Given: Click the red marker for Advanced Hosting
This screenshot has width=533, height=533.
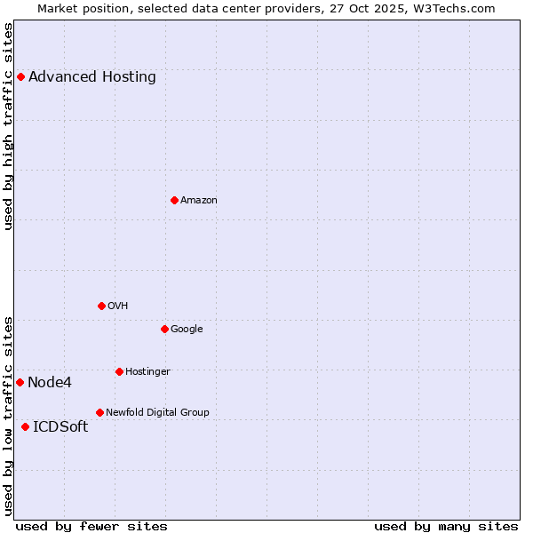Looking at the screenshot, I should (x=20, y=76).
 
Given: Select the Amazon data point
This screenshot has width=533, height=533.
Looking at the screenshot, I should (x=174, y=200).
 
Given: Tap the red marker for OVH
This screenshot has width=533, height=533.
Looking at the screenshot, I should (x=101, y=306).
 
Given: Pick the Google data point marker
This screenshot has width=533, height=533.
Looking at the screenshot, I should (x=164, y=329).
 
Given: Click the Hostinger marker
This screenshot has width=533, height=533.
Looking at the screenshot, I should (x=119, y=371).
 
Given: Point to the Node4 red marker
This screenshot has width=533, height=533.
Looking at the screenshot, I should (x=20, y=382).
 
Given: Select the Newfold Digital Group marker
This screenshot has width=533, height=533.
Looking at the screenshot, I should (x=99, y=412).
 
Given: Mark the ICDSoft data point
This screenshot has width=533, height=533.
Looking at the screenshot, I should (x=25, y=426).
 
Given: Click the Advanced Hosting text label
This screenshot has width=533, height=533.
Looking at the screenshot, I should (x=92, y=76).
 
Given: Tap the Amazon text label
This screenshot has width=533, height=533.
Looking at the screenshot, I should (x=199, y=200).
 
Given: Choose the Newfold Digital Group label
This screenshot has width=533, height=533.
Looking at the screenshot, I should (x=157, y=412).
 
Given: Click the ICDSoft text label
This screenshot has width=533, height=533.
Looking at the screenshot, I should (x=60, y=426).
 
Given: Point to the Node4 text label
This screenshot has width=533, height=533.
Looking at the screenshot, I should (x=50, y=382).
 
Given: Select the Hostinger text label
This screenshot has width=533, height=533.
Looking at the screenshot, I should (x=147, y=371).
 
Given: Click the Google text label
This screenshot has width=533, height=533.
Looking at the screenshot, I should (x=187, y=329).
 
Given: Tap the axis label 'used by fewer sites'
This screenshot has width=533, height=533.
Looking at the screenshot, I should (x=91, y=526).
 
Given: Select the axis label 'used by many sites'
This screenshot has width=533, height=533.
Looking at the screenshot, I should (x=446, y=526).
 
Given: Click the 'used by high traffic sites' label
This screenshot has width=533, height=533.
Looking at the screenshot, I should (x=9, y=126).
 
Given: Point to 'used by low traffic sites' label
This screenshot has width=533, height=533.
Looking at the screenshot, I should (x=9, y=415).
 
